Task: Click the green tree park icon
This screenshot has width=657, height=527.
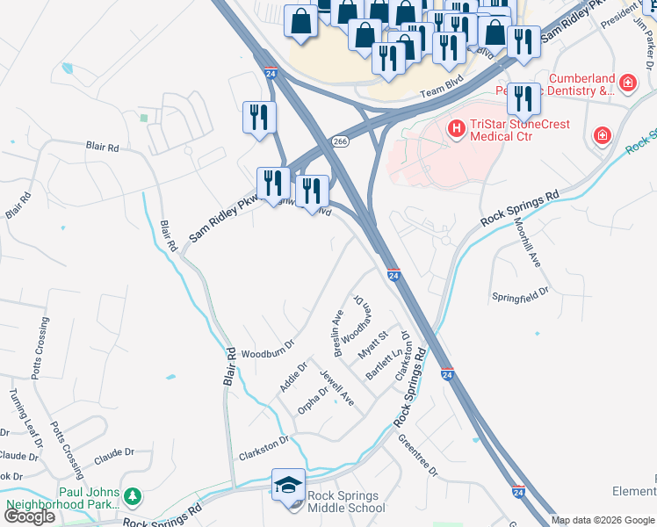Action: pos(133,498)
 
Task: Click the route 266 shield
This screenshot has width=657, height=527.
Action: pos(341,141)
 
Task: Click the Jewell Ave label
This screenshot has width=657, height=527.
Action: pos(337,386)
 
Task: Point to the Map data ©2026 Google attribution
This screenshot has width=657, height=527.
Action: pos(603,520)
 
